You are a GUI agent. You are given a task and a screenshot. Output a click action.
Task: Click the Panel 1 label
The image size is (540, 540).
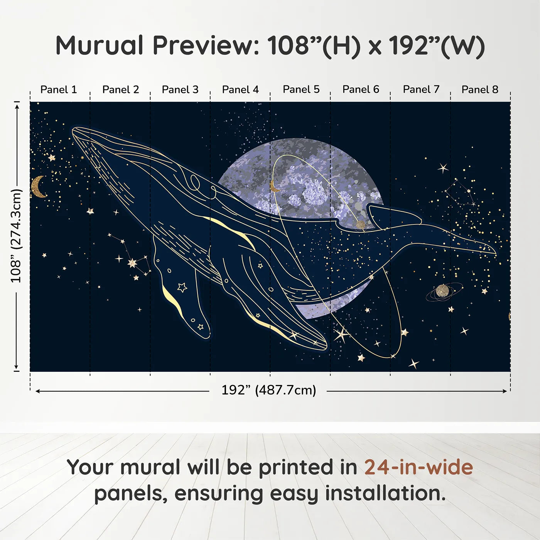tap(59, 89)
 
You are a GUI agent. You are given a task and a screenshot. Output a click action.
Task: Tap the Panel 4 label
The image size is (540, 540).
tap(240, 89)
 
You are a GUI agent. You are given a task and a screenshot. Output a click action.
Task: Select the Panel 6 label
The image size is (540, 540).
tap(361, 89)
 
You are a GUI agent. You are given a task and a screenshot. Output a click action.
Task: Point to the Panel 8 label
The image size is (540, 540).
tap(480, 89)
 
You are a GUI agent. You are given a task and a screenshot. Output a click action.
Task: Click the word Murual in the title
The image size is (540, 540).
tap(100, 46)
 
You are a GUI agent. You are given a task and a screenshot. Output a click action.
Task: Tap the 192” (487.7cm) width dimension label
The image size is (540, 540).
tap(268, 390)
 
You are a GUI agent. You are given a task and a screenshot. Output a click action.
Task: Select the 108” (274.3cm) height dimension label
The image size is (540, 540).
tap(16, 236)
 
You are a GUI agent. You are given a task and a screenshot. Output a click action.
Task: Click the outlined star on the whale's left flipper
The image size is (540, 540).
tap(182, 287)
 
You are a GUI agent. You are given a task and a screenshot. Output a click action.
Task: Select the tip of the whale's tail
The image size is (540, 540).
tap(495, 253)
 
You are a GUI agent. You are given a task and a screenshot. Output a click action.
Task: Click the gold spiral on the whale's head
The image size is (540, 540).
tap(195, 182)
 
